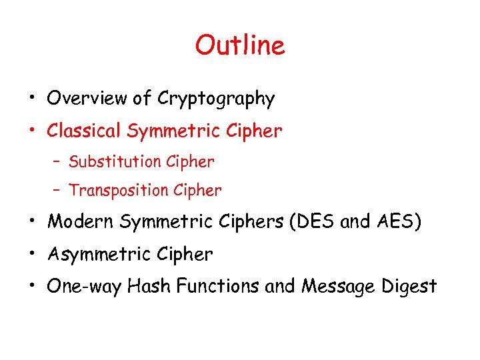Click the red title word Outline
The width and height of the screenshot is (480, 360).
pos(240,45)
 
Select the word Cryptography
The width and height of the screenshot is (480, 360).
pos(216,99)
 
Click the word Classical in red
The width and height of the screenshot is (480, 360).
pos(84,131)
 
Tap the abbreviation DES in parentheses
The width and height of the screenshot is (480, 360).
pos(315,222)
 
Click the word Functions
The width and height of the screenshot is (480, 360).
pos(216,287)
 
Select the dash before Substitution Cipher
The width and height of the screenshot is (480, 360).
pos(59,162)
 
